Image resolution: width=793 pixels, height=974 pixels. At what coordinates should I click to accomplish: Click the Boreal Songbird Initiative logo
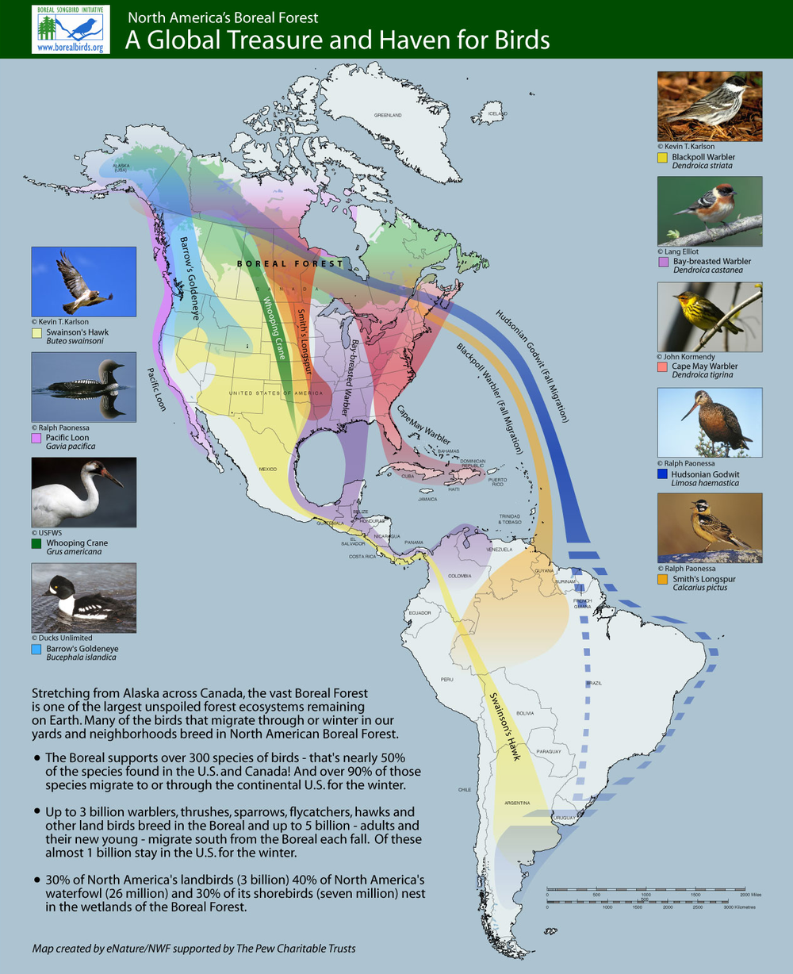pyautogui.click(x=71, y=29)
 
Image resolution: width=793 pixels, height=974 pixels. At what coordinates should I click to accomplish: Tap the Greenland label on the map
pyautogui.click(x=389, y=115)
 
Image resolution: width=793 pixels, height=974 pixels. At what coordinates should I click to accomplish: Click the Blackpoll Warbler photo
pyautogui.click(x=709, y=106)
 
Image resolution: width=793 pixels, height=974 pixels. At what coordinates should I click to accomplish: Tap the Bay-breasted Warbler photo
pyautogui.click(x=709, y=211)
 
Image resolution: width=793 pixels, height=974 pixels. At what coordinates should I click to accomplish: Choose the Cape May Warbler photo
pyautogui.click(x=709, y=316)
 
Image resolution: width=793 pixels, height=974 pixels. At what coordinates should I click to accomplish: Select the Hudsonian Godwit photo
pyautogui.click(x=709, y=422)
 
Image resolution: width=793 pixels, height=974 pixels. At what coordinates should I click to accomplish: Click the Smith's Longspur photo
pyautogui.click(x=709, y=527)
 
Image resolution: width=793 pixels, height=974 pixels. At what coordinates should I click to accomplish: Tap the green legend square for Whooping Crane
pyautogui.click(x=36, y=543)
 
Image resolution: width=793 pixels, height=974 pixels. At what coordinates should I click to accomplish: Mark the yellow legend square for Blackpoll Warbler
pyautogui.click(x=662, y=157)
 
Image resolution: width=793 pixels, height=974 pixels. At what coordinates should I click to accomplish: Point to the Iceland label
pyautogui.click(x=497, y=113)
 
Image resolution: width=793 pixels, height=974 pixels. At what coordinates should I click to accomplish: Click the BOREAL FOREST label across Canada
pyautogui.click(x=292, y=263)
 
